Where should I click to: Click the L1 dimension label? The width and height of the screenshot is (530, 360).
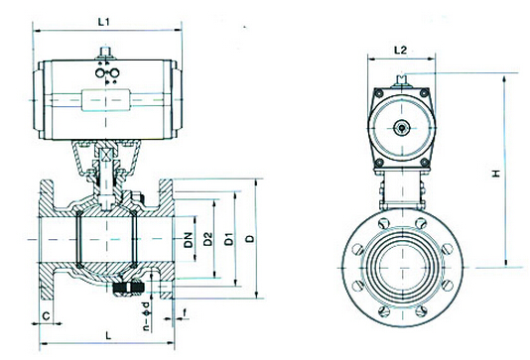click(x=104, y=22)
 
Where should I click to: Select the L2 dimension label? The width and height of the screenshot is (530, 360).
click(x=400, y=51)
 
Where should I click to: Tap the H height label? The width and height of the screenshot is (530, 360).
click(x=496, y=174)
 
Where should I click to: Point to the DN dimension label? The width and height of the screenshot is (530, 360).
click(x=189, y=240)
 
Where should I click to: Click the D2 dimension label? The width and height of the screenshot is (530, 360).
click(x=208, y=239)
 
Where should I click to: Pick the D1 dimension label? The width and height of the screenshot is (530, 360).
click(x=229, y=239)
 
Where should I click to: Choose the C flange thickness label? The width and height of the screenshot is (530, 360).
click(x=47, y=316)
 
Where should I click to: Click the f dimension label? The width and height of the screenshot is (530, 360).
click(x=185, y=313)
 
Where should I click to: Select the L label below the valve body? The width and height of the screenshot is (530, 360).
click(x=108, y=335)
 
